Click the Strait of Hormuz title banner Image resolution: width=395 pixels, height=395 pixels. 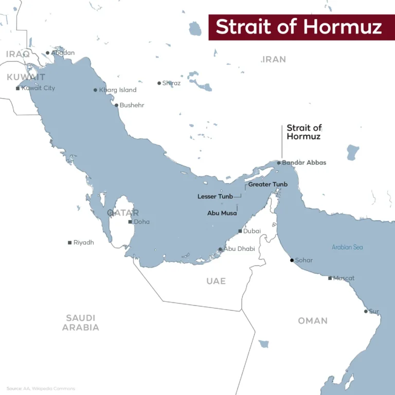tap(299, 27)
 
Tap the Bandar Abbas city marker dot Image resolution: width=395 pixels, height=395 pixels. tap(279, 163)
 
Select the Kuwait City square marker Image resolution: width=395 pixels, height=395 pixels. tap(18, 88)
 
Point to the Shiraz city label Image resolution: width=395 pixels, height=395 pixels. tap(171, 83)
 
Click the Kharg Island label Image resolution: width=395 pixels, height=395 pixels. tap(118, 90)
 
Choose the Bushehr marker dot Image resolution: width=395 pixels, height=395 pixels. tap(116, 105)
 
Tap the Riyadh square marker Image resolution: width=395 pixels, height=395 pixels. tap(69, 243)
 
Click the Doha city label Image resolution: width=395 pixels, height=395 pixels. tap(141, 222)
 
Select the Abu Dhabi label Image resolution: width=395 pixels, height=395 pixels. tap(239, 249)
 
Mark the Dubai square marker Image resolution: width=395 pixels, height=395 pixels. tap(240, 231)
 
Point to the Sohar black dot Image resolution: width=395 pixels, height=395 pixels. tap(292, 260)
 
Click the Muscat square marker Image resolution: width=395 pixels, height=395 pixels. tap(330, 278)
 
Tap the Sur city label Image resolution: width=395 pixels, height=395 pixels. tap(374, 311)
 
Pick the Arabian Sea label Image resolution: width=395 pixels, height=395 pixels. tap(347, 247)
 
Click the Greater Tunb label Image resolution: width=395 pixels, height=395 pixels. tap(267, 184)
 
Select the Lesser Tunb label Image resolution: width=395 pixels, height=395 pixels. tap(215, 196)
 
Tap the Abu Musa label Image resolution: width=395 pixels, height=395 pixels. tap(222, 213)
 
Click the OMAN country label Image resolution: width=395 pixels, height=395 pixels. tap(313, 321)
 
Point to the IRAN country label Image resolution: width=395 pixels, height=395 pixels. tap(274, 60)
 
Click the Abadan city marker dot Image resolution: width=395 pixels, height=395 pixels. tap(47, 52)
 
